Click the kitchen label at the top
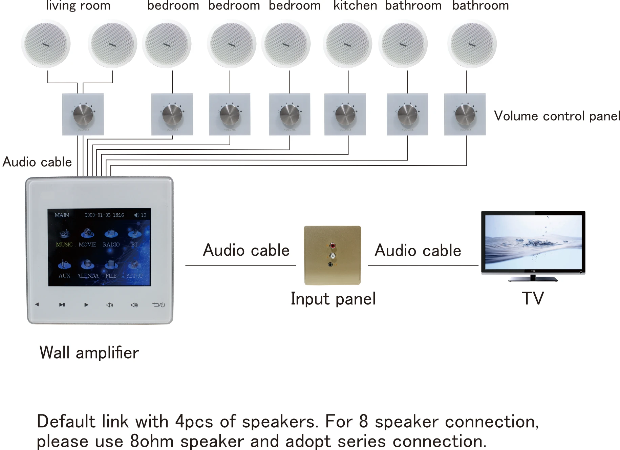[x=355, y=5]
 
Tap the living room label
[x=78, y=5]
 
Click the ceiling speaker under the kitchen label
[x=347, y=44]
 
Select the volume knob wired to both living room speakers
[x=83, y=114]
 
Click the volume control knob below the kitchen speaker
[x=345, y=114]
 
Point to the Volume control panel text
[x=557, y=116]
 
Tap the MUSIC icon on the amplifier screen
[x=64, y=234]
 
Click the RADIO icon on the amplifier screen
[x=111, y=234]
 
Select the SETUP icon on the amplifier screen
[x=134, y=264]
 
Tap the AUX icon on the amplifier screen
[x=64, y=264]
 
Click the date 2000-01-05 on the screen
[x=97, y=215]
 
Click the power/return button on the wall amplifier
[x=158, y=305]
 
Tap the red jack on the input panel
[x=333, y=245]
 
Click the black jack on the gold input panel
[x=330, y=264]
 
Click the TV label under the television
[x=533, y=298]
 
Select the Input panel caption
[x=333, y=299]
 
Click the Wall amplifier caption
[x=89, y=353]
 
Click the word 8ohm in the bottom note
[x=152, y=441]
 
